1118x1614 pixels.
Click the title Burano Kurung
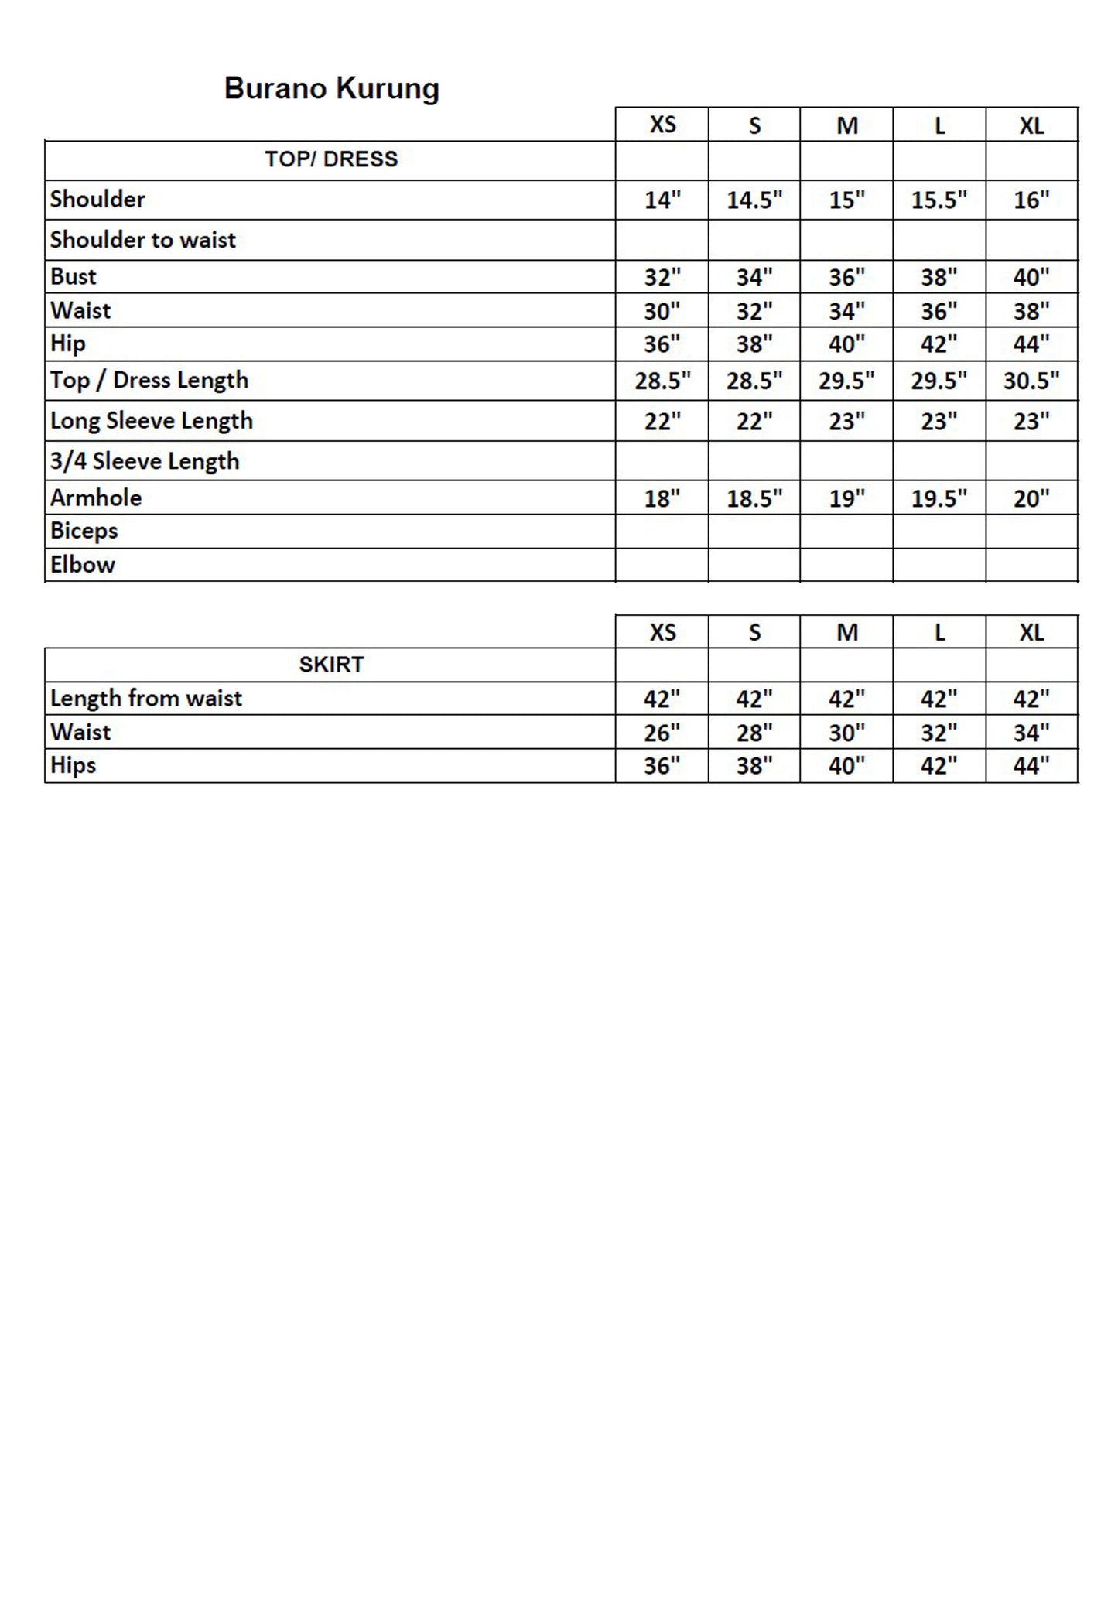[x=331, y=88]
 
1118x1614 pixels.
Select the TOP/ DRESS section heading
[x=331, y=159]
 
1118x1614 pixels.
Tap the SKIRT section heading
[x=331, y=665]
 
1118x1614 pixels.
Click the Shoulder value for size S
[x=754, y=200]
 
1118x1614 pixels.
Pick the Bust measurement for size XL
[x=1031, y=277]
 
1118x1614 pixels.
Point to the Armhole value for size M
[x=846, y=498]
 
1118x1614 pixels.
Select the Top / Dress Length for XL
[x=1031, y=381]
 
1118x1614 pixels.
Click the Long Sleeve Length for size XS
[x=662, y=422]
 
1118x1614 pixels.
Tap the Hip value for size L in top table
[x=939, y=344]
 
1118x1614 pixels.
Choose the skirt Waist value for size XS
[x=662, y=733]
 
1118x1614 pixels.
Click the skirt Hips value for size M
[x=846, y=766]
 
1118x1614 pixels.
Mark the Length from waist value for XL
[x=1031, y=699]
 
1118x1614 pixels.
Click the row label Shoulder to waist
[x=143, y=240]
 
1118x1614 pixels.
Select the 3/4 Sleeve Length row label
[x=145, y=461]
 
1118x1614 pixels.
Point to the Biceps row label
[x=84, y=531]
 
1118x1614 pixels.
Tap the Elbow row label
[x=83, y=565]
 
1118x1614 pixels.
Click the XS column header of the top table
[x=662, y=125]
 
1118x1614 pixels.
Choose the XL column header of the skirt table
[x=1031, y=633]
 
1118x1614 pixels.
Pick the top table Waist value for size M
[x=846, y=311]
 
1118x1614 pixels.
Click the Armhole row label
[x=96, y=498]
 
